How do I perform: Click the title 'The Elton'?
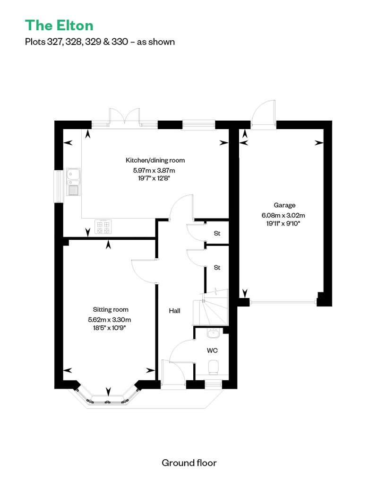(59, 26)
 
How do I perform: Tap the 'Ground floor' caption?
(189, 463)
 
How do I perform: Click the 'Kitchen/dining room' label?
(155, 160)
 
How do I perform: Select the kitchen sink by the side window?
(73, 182)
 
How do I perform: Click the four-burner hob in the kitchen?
(103, 227)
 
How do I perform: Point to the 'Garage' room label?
(284, 205)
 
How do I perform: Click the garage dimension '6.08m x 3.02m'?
(283, 215)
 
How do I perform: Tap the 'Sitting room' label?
(111, 309)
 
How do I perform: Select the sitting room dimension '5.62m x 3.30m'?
(109, 320)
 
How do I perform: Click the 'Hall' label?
(174, 311)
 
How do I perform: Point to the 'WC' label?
(212, 350)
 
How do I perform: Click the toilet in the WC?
(214, 367)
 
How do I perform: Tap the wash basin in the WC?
(214, 333)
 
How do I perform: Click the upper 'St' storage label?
(217, 233)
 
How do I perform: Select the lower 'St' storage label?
(217, 268)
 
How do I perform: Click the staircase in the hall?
(211, 307)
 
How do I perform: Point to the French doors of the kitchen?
(124, 117)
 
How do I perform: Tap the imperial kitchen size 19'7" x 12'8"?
(155, 178)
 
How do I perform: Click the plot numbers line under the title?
(100, 42)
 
